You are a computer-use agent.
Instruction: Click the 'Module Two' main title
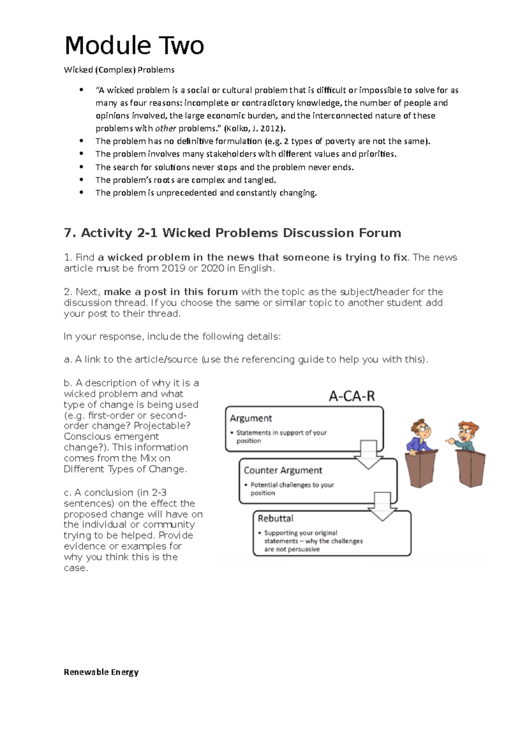(134, 46)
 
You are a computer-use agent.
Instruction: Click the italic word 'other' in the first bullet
(166, 129)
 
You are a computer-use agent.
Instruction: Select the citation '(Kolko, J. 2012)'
(254, 129)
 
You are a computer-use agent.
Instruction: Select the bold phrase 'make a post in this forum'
(171, 292)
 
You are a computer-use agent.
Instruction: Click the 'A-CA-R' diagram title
(352, 397)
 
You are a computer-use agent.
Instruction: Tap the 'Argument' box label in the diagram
(251, 418)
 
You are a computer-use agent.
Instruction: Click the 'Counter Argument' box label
(283, 470)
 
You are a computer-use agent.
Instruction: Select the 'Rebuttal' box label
(275, 519)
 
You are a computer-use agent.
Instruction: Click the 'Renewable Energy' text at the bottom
(101, 672)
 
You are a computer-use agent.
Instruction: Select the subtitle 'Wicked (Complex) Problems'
(119, 70)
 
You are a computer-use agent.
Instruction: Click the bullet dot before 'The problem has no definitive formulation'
(81, 141)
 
